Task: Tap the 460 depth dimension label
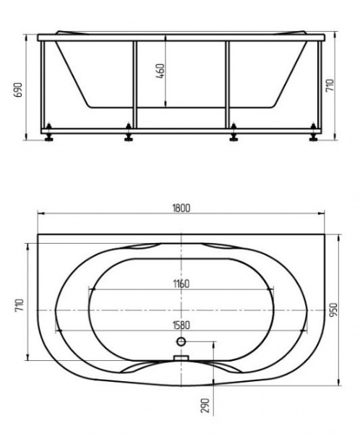(161, 71)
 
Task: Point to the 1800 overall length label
(181, 208)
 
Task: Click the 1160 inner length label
(181, 284)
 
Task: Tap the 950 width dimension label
(333, 310)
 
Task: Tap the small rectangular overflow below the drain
(181, 357)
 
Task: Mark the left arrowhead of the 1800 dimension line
(40, 213)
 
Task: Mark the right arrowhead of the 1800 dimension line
(322, 213)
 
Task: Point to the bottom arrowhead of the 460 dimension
(166, 106)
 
